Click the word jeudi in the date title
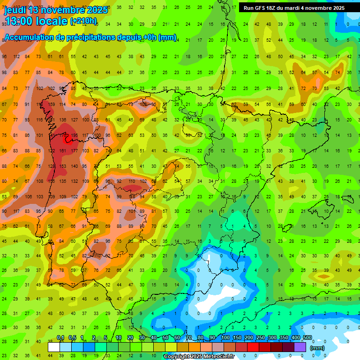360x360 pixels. (15, 10)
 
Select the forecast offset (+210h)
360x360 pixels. (83, 21)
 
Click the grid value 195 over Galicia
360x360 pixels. (74, 135)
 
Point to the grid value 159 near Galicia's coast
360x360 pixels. (51, 104)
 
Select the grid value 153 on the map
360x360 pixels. (62, 166)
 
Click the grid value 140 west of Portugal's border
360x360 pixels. (74, 166)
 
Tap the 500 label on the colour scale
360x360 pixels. (307, 338)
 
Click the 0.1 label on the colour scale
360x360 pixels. (60, 338)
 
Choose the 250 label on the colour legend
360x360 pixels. (260, 338)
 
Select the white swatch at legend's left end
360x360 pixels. (54, 347)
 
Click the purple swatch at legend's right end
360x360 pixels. (300, 347)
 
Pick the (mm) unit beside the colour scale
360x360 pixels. (317, 348)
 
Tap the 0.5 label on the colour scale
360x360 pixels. (72, 338)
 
